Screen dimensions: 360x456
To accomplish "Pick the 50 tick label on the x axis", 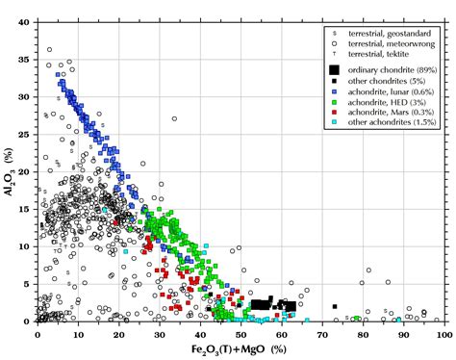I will [241, 331].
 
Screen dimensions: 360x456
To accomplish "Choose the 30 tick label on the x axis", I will [159, 331].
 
